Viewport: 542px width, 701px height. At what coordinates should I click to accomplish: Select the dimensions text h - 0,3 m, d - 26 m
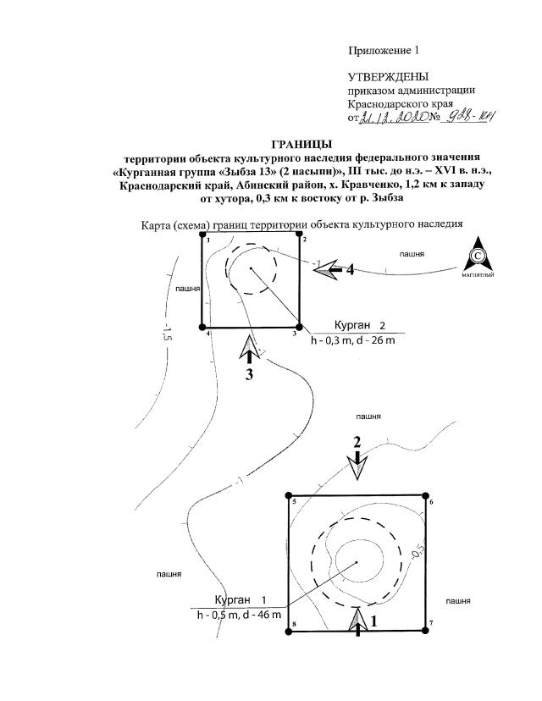point(353,341)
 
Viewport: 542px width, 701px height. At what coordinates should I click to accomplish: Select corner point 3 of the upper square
point(301,326)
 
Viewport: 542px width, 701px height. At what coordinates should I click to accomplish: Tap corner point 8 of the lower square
point(287,630)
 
